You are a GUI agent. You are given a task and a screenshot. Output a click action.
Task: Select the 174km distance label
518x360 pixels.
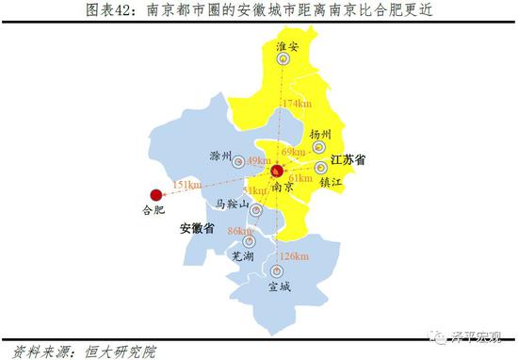[295, 103]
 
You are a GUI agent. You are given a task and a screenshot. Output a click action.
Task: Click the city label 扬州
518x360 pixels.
[319, 135]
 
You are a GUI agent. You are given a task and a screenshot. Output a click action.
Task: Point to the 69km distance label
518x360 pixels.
[293, 152]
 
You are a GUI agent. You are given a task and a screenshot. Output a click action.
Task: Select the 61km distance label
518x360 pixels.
[300, 177]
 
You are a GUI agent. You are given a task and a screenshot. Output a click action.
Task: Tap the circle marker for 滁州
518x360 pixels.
[237, 161]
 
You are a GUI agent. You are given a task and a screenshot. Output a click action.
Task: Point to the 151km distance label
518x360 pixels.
[187, 185]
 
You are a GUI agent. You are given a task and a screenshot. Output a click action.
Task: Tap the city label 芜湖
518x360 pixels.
[243, 256]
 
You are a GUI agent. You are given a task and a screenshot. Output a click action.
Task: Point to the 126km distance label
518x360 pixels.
[294, 255]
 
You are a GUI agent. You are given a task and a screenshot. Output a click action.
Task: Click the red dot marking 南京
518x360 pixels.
[277, 172]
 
